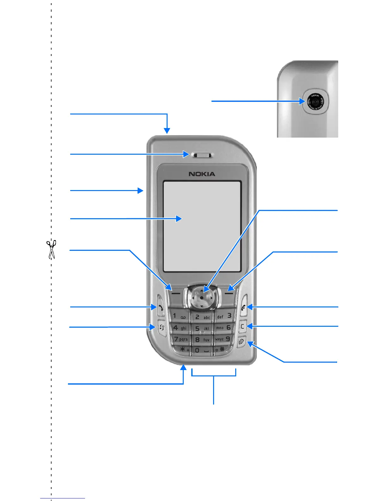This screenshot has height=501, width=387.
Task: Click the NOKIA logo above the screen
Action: coord(202,174)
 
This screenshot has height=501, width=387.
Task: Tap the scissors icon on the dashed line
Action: coord(51,249)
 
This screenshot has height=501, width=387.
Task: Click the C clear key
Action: coord(243,326)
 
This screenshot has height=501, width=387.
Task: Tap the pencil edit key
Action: coord(242,342)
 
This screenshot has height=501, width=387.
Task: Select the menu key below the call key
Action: coord(162,328)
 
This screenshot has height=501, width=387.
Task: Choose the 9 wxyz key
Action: coord(223,339)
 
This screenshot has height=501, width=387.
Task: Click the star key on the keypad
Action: coord(184,350)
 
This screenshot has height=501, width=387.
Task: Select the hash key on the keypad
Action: coord(221,349)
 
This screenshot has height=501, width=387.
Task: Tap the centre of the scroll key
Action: coord(202,298)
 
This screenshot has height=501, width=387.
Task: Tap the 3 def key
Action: coord(224,316)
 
